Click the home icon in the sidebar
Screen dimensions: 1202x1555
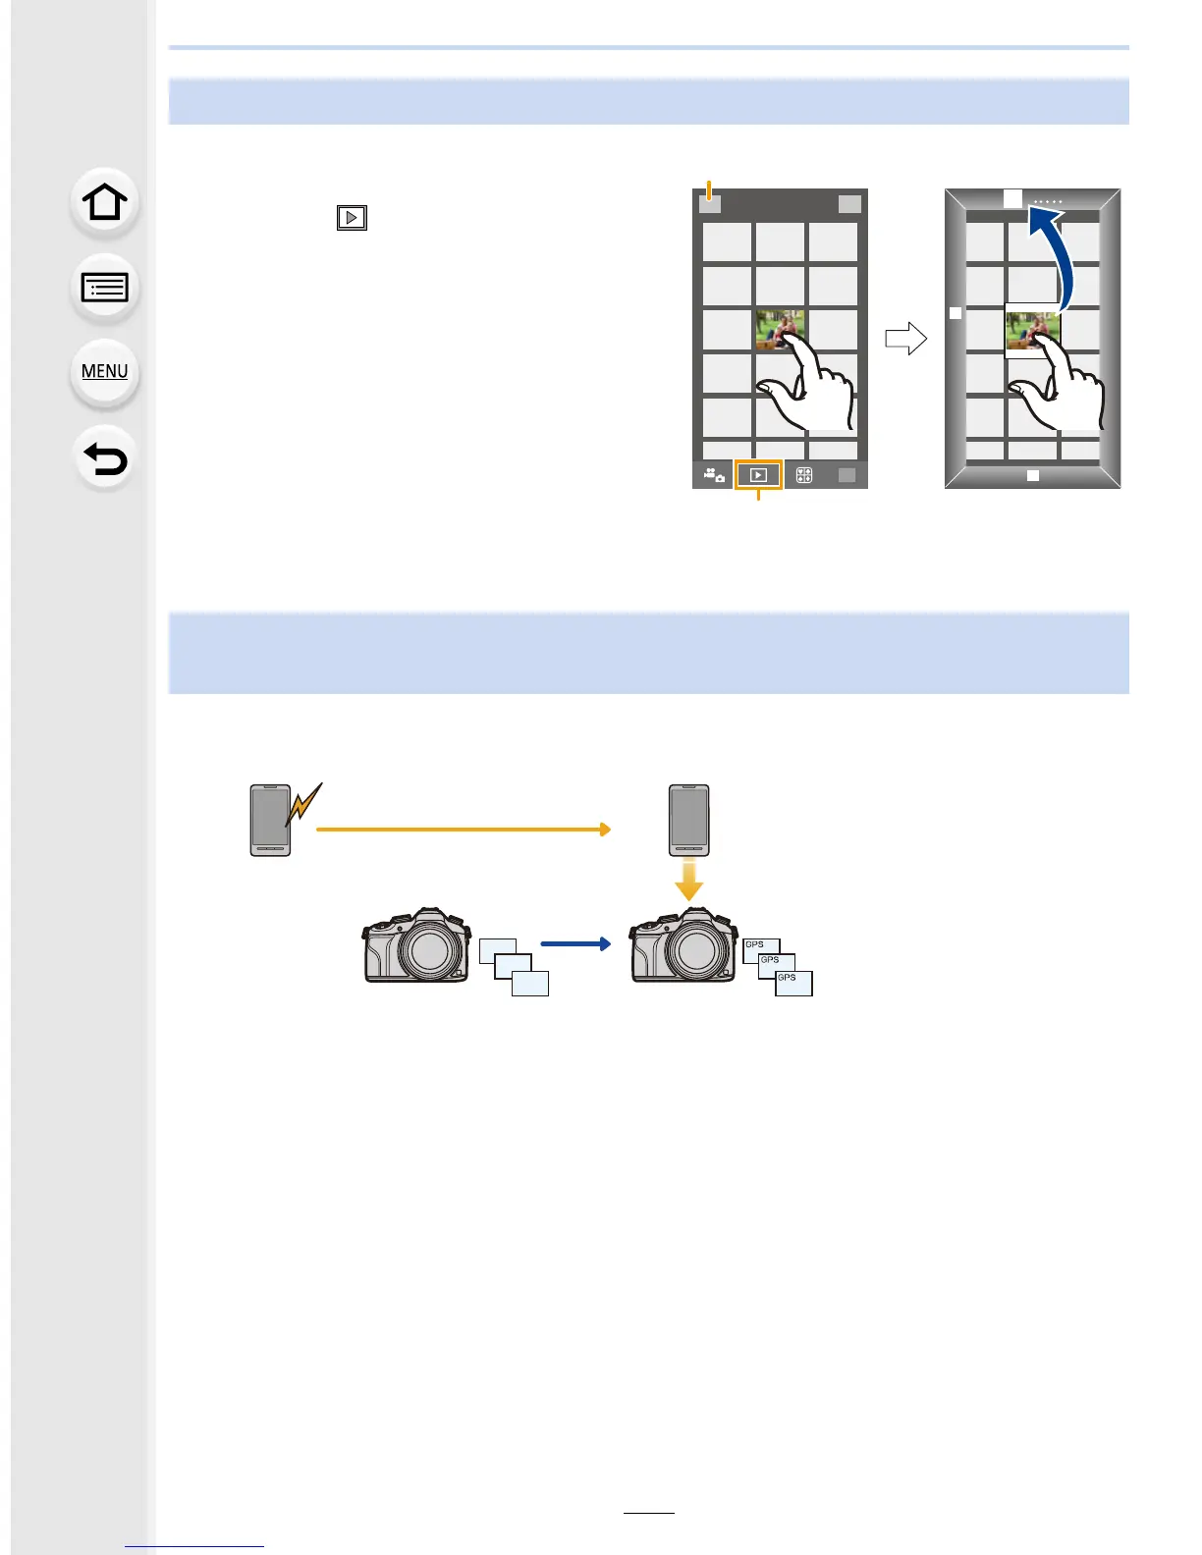104,203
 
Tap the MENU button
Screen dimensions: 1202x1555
104,372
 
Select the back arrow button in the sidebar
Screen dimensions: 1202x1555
104,458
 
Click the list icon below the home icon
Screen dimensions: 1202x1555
104,288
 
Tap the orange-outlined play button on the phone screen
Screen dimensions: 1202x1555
758,475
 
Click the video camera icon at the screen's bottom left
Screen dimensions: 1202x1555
714,475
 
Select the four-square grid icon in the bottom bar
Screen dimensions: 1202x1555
804,475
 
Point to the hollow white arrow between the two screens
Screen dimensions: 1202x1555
905,339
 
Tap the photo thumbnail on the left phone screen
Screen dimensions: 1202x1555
780,331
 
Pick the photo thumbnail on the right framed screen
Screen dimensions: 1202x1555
1031,331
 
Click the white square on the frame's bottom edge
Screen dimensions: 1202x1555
1032,475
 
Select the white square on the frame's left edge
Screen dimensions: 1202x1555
956,313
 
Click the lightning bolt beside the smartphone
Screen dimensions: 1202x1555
303,805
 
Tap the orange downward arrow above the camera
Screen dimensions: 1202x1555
689,879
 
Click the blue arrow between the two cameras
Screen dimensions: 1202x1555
575,943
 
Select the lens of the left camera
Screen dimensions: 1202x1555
429,951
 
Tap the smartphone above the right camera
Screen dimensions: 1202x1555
688,820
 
